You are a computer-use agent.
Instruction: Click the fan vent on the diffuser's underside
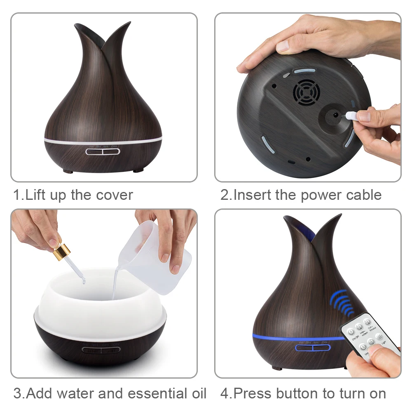[306, 93]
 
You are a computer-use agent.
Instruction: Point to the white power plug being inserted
[352, 115]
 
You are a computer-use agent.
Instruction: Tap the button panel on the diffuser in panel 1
[103, 151]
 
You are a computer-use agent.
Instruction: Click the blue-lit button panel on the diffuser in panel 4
[312, 348]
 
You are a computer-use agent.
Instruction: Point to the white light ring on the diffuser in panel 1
[103, 141]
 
